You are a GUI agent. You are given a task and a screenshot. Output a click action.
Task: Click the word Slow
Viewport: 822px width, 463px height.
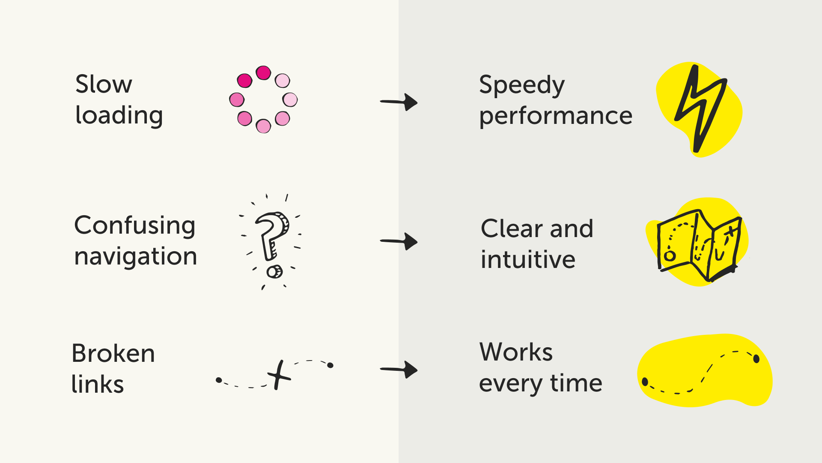click(104, 84)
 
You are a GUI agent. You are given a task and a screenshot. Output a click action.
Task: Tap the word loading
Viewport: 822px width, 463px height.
click(119, 116)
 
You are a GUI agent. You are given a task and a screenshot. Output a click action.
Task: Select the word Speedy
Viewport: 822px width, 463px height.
click(522, 85)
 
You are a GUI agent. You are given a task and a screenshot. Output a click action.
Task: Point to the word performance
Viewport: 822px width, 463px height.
click(556, 116)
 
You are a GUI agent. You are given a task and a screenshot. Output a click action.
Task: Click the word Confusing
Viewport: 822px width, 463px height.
click(134, 226)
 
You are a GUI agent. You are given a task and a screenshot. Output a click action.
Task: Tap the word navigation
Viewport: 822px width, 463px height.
click(135, 257)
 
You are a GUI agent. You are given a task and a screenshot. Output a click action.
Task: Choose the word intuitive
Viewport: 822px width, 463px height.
click(528, 260)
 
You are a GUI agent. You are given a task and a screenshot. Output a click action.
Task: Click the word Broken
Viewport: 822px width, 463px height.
click(113, 354)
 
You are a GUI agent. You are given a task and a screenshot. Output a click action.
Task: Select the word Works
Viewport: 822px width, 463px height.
click(516, 352)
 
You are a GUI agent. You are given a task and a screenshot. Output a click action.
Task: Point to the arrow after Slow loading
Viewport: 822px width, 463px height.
click(399, 102)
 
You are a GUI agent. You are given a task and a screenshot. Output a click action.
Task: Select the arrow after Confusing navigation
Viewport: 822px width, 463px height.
click(399, 241)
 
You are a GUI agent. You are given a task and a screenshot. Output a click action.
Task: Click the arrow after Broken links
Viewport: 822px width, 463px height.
click(399, 369)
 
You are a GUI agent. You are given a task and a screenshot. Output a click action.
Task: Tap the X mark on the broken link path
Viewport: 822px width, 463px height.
click(279, 375)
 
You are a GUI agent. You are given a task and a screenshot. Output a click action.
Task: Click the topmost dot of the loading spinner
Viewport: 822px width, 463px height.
click(263, 73)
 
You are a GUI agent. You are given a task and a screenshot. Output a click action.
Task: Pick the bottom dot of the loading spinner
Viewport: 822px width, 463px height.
click(263, 126)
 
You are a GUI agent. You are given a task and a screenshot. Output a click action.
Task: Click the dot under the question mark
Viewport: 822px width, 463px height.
click(274, 272)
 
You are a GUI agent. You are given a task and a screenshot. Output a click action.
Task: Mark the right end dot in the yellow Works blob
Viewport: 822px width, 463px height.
click(756, 359)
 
